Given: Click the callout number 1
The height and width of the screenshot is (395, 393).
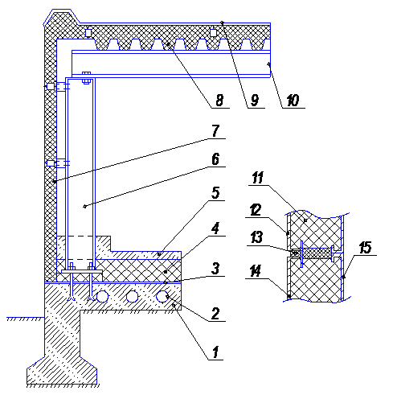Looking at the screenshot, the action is (215, 352).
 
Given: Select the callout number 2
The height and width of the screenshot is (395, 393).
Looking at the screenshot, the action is (215, 314).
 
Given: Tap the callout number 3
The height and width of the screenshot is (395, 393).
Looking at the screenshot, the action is (215, 269).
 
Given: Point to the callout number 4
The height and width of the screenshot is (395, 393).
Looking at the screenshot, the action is (215, 228).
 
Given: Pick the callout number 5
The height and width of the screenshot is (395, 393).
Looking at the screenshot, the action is (215, 193).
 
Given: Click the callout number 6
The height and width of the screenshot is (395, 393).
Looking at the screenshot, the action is (215, 159).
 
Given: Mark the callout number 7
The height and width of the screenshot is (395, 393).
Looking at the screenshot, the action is (215, 131).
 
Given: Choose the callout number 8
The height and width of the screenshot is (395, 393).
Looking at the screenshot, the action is (219, 101).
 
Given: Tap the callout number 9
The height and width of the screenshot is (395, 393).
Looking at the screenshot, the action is (255, 101).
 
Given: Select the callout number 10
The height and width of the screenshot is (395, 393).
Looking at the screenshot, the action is (293, 101).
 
